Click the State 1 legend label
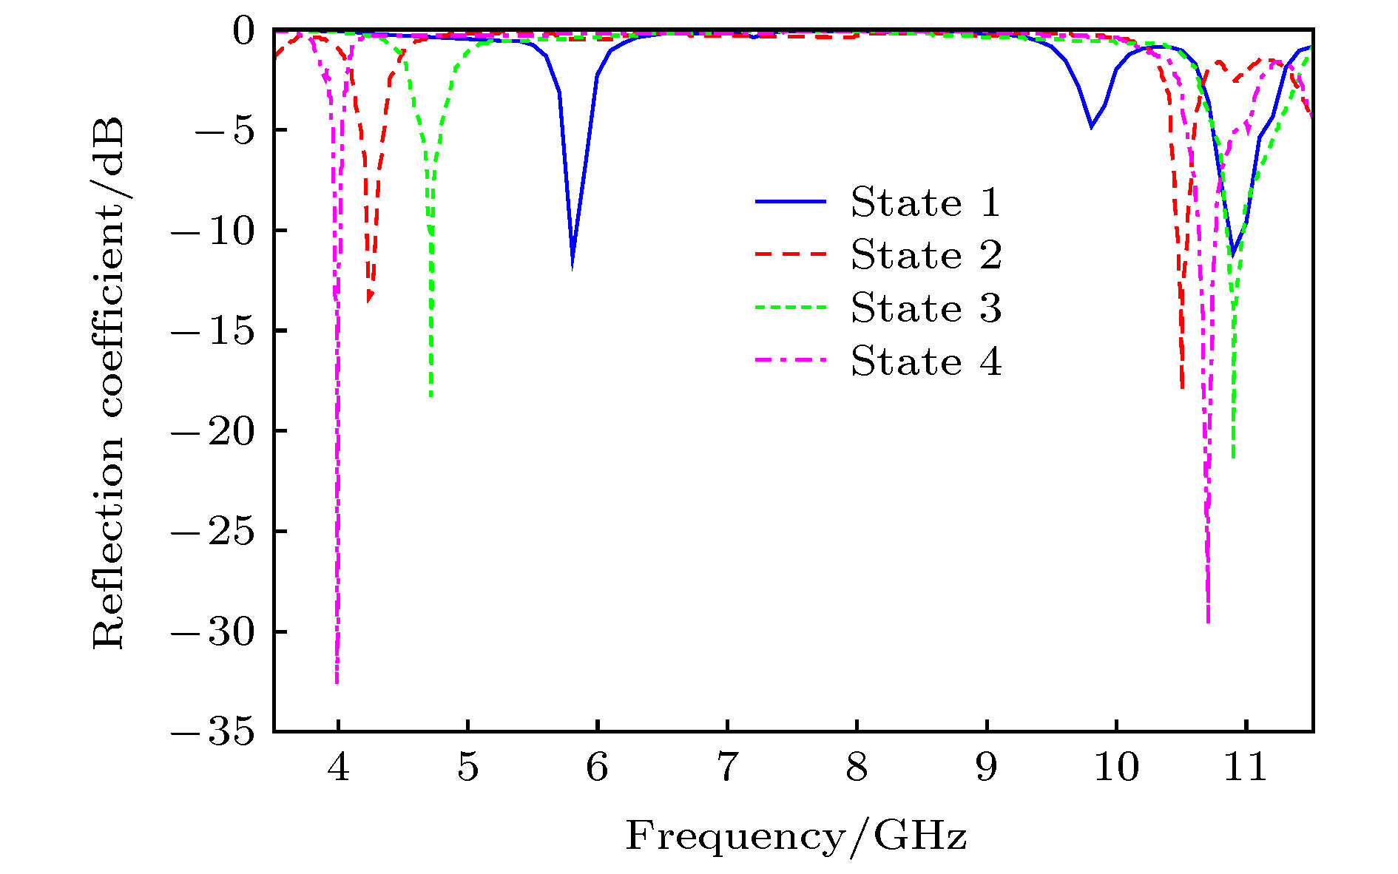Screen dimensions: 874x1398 925,203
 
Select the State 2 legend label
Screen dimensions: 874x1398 925,255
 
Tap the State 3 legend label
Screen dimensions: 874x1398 925,308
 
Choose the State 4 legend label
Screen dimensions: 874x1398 925,362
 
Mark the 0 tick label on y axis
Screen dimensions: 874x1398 243,31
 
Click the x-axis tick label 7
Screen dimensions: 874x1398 727,768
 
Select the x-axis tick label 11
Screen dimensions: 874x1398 1246,768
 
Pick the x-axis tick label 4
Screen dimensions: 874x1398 338,768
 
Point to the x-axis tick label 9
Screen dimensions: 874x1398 987,768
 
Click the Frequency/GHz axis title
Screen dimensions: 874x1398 796,836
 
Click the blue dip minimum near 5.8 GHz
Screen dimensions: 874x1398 572,268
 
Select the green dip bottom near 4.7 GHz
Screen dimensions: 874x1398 430,396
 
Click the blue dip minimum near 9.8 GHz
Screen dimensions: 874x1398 1091,127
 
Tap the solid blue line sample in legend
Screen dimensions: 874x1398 790,202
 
